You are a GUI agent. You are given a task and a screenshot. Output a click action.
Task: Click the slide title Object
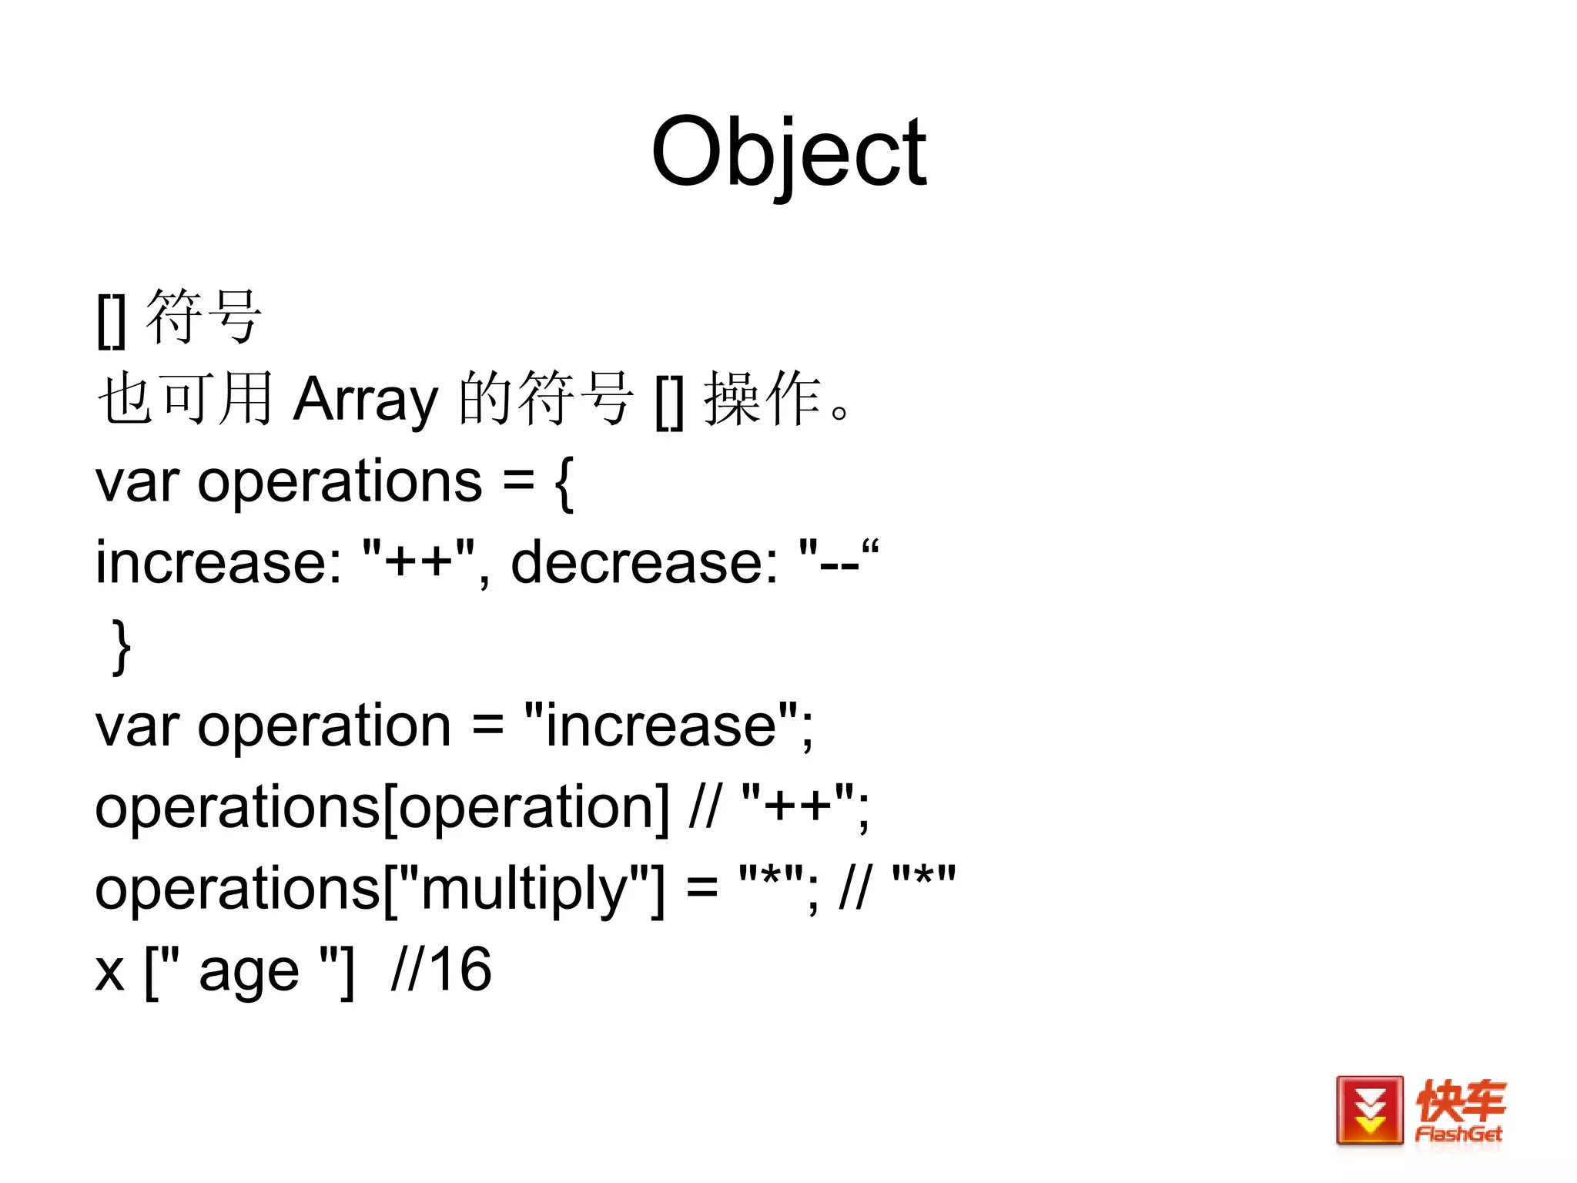788,152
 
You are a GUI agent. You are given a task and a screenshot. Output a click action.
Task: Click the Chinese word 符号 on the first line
204,317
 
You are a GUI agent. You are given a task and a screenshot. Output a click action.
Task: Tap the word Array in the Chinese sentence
365,399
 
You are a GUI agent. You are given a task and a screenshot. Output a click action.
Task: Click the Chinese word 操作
762,399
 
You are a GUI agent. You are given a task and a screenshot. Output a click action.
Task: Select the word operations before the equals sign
340,482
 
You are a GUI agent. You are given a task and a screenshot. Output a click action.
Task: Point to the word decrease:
644,563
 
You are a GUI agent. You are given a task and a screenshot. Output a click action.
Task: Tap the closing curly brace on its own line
122,645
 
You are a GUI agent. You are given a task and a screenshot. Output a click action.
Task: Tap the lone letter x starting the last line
110,972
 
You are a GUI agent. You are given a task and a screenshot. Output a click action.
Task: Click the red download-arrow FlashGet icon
1369,1110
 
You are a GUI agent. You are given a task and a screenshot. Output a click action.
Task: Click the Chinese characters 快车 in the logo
1460,1101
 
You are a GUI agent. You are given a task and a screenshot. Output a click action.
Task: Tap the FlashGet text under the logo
1458,1134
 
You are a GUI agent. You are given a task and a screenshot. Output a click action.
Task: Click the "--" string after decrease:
839,563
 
